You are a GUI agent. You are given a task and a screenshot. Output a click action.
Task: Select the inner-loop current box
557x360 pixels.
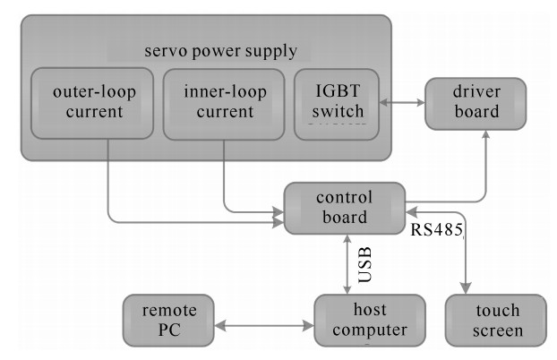coord(219,103)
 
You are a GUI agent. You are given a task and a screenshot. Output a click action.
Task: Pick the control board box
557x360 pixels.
coord(345,208)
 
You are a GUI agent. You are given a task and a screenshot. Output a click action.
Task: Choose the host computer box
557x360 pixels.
coord(362,320)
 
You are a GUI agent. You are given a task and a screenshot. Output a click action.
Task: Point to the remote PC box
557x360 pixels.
coord(168,320)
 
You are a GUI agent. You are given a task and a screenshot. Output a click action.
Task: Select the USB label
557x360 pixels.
coord(363,264)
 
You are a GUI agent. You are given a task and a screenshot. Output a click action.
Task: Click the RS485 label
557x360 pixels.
coord(436,230)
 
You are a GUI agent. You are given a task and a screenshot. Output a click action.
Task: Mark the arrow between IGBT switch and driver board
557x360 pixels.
coord(402,104)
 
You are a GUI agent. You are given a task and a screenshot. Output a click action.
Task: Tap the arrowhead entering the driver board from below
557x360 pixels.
coord(485,136)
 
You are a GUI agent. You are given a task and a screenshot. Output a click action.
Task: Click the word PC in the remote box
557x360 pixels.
coord(168,330)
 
